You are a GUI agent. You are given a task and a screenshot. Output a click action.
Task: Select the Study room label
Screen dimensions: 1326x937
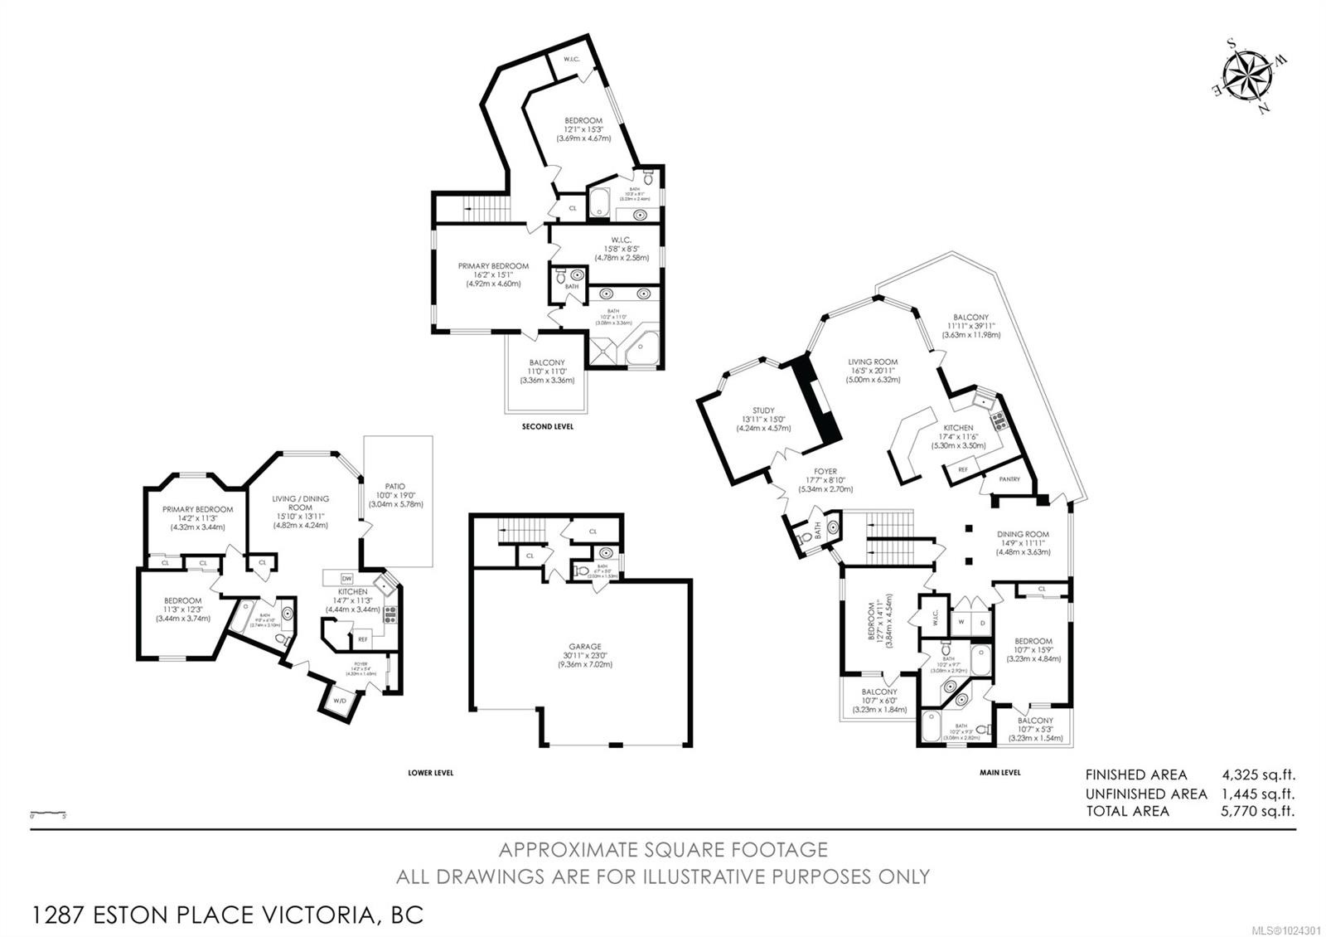tap(763, 410)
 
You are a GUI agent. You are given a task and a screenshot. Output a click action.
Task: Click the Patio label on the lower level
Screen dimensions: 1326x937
tap(395, 487)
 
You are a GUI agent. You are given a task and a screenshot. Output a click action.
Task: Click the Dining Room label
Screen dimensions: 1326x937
tap(1024, 534)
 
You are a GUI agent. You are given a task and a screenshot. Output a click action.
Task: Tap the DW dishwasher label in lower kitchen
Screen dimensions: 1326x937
tap(346, 579)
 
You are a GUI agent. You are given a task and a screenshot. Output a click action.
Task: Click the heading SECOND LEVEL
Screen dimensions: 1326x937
tap(547, 426)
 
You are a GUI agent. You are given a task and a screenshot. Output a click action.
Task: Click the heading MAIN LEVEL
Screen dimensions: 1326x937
tap(999, 772)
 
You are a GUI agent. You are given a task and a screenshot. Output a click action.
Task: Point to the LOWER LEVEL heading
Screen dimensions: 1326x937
tap(430, 772)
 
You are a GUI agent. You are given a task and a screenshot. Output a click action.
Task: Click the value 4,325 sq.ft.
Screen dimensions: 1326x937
tap(1258, 775)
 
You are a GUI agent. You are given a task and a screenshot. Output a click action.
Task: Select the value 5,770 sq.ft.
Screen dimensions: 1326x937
tap(1258, 811)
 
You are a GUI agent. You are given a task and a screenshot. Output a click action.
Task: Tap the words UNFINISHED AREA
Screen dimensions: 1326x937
tap(1146, 794)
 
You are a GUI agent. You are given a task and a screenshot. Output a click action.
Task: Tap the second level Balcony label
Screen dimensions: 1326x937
tap(547, 363)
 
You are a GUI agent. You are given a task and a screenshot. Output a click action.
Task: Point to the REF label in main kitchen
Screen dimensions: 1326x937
tap(962, 469)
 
